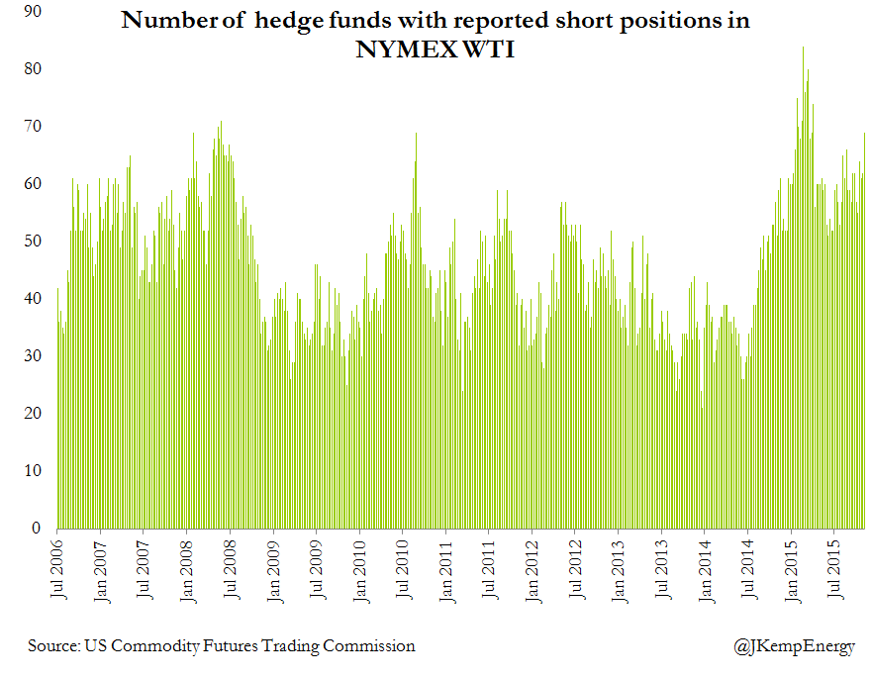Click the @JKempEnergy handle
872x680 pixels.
[794, 646]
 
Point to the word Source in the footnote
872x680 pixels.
[53, 646]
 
